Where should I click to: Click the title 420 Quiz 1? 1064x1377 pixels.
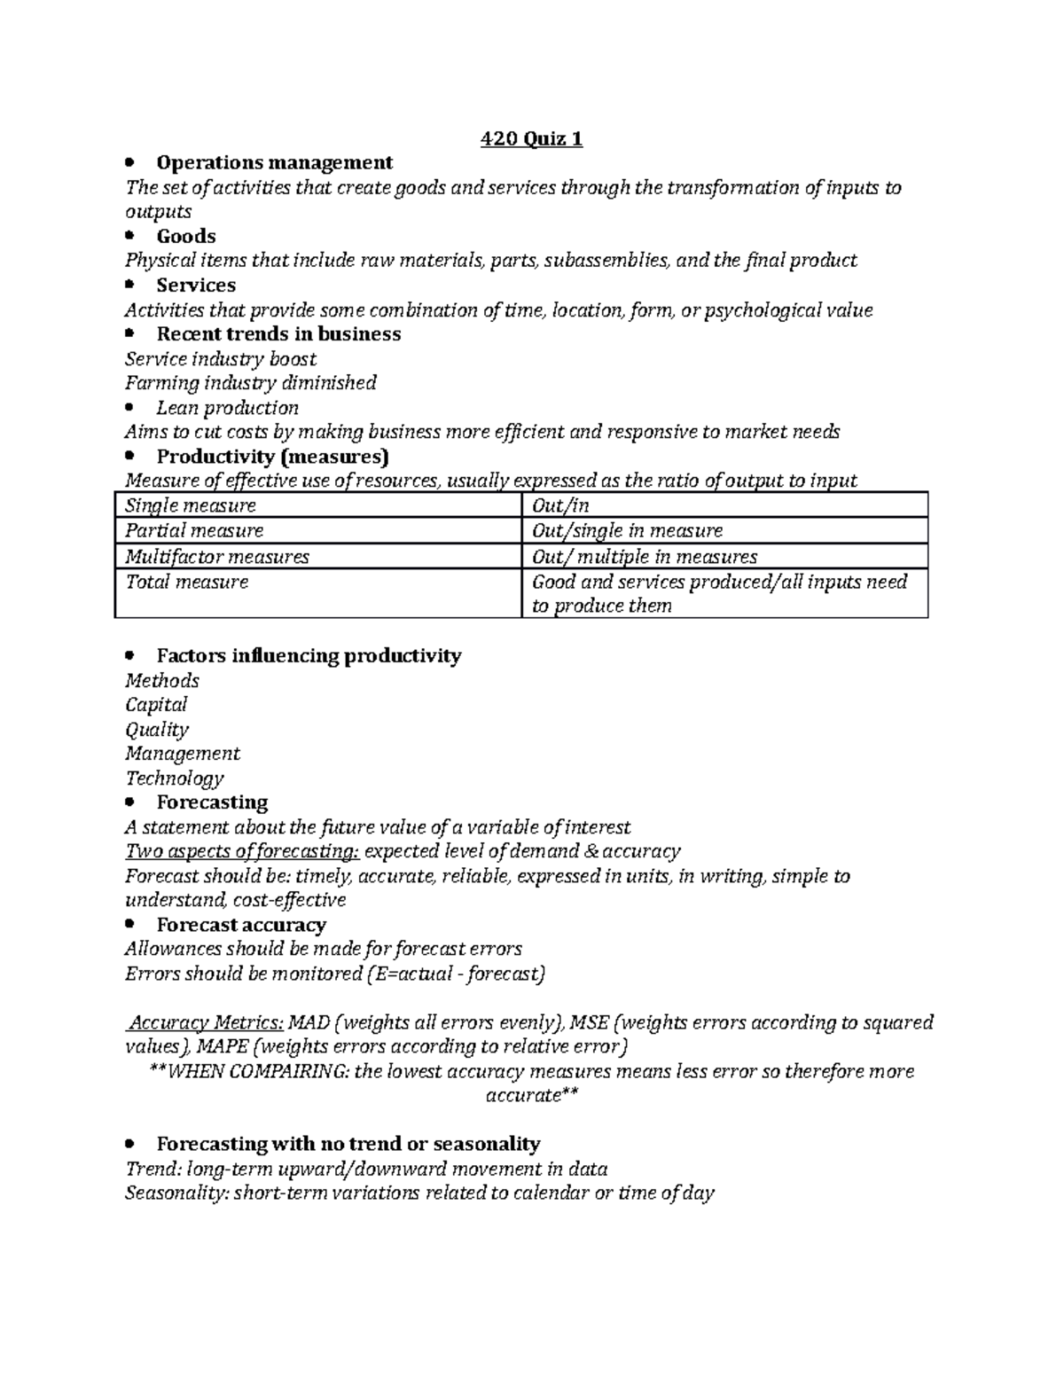point(531,139)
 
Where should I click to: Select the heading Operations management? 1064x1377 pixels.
point(274,162)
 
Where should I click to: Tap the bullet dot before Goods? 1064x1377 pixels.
point(130,236)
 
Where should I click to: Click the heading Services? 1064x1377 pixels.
point(196,285)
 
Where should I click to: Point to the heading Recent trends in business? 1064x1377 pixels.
point(278,333)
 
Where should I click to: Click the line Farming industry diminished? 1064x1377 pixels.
point(251,382)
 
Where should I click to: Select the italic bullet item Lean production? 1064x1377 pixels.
point(227,408)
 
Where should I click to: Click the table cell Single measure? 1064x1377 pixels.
point(191,505)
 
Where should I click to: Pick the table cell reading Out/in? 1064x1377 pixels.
point(560,505)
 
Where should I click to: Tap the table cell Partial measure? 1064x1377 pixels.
point(194,530)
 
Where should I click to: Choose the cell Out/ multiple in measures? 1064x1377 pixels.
point(645,557)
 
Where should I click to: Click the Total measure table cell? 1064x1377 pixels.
point(187,582)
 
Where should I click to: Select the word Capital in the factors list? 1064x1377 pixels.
point(156,705)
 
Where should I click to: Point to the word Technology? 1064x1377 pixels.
point(175,778)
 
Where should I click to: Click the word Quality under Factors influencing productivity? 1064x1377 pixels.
point(157,730)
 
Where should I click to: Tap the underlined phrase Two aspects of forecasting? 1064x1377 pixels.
point(242,851)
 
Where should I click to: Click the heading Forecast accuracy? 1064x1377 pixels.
point(241,925)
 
